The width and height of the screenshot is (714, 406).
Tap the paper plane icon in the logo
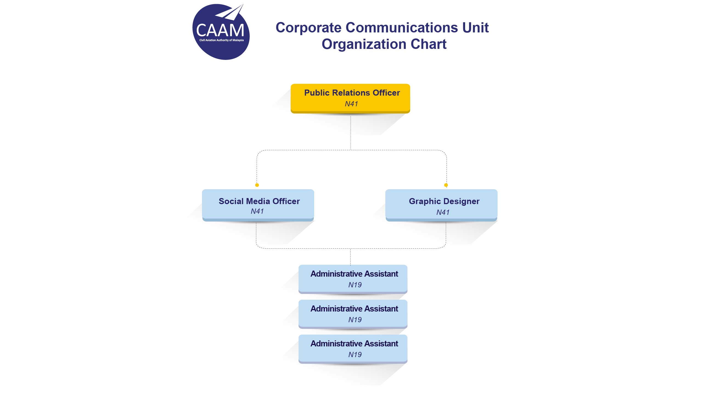point(230,13)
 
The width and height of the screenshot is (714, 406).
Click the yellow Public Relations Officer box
point(350,98)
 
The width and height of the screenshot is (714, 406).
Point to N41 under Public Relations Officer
point(351,104)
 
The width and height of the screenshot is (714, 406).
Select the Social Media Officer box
point(258,205)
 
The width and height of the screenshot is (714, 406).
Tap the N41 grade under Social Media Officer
point(257,211)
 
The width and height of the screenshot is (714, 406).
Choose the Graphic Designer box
point(441,205)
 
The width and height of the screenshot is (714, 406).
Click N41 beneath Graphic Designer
point(443,213)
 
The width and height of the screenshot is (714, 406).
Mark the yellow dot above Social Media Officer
point(257,185)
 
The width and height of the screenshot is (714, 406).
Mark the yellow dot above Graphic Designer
point(446,185)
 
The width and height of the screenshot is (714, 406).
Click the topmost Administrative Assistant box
point(353,279)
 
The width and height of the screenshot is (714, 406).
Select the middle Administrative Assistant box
point(353,313)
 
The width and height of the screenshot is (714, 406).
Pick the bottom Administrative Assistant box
point(353,348)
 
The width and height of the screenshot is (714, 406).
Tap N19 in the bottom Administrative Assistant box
point(355,355)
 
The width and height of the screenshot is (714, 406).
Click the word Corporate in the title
point(308,27)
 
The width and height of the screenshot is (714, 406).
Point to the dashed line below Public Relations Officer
point(351,132)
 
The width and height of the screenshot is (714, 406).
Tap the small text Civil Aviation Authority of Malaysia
point(221,40)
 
